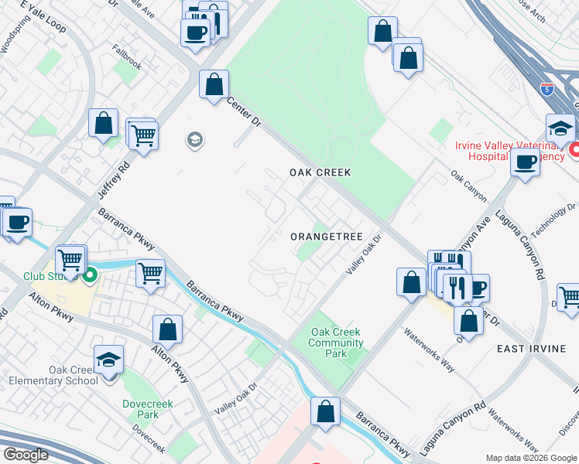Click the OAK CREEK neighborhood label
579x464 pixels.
[320, 172]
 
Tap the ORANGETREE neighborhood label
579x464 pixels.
[326, 237]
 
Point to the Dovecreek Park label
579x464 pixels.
[147, 409]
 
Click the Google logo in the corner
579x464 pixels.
[25, 454]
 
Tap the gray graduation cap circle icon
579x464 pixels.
[194, 140]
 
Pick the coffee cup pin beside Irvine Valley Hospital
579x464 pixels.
[525, 163]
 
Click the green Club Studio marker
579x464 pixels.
[90, 275]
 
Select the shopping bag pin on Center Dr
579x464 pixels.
[214, 85]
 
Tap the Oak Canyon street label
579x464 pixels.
[468, 186]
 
